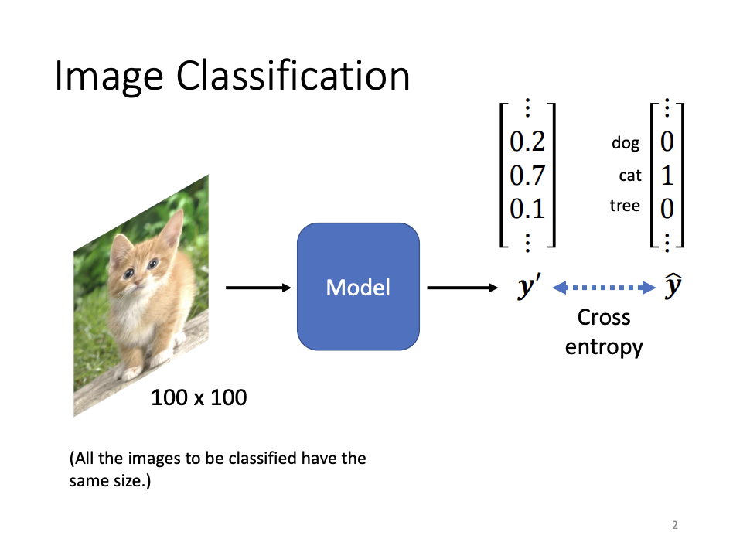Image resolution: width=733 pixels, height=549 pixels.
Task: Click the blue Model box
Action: click(x=358, y=287)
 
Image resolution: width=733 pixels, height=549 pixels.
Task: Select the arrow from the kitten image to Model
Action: click(x=257, y=288)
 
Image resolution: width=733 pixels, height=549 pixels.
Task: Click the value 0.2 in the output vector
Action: click(x=528, y=142)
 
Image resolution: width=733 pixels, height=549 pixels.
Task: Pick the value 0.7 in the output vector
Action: click(x=528, y=176)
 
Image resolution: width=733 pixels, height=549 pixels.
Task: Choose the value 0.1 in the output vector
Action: click(x=528, y=209)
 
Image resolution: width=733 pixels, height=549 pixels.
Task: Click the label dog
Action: click(x=625, y=143)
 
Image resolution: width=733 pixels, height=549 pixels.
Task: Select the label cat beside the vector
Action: click(x=630, y=176)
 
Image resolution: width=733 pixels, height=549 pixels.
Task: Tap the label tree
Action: click(x=625, y=206)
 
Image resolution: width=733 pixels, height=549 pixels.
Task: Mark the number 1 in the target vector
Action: click(x=667, y=176)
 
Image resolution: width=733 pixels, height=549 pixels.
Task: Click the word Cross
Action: click(x=604, y=318)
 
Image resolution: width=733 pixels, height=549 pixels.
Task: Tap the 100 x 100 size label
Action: click(x=199, y=397)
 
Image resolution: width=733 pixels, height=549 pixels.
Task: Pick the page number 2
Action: click(x=674, y=526)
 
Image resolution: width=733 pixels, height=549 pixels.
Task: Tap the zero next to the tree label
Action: click(x=667, y=208)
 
